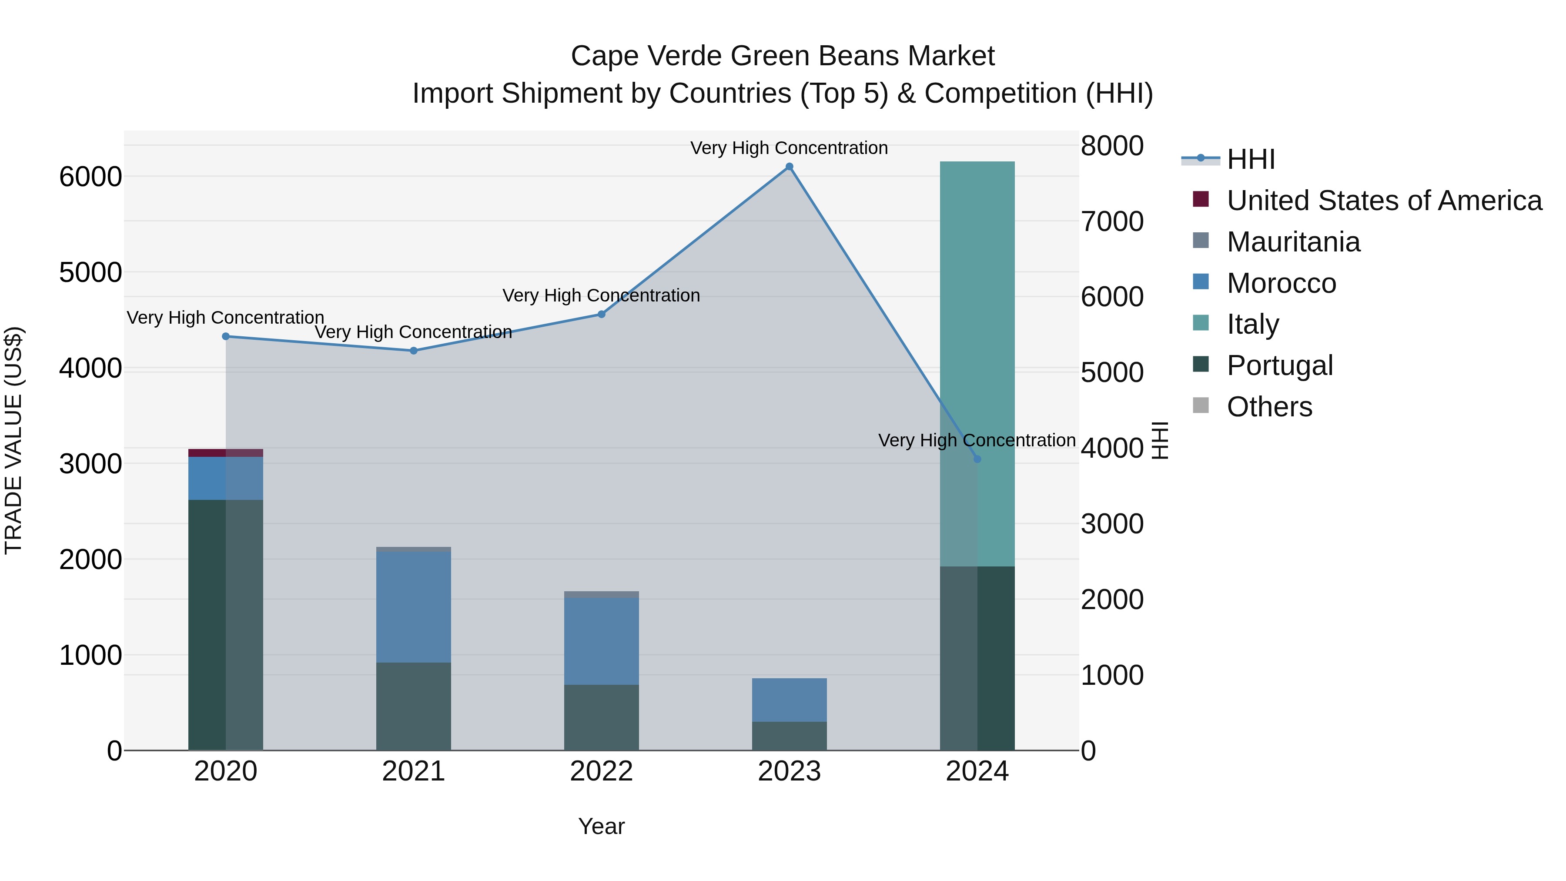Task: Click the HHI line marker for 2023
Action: [x=789, y=167]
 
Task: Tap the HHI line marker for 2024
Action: [x=977, y=459]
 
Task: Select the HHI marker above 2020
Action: [x=225, y=336]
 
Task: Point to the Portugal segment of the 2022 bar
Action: [x=601, y=717]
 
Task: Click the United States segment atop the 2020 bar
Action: [x=225, y=453]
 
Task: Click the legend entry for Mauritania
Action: [x=1293, y=242]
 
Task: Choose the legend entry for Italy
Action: [x=1252, y=324]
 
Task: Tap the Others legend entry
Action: [x=1269, y=407]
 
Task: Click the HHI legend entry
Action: [x=1251, y=159]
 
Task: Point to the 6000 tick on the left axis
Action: [x=90, y=177]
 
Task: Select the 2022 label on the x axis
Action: [x=601, y=771]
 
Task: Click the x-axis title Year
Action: [x=601, y=826]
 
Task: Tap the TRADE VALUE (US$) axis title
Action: [x=13, y=440]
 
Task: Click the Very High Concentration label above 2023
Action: [x=789, y=148]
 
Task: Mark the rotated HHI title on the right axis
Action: [x=1160, y=440]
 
